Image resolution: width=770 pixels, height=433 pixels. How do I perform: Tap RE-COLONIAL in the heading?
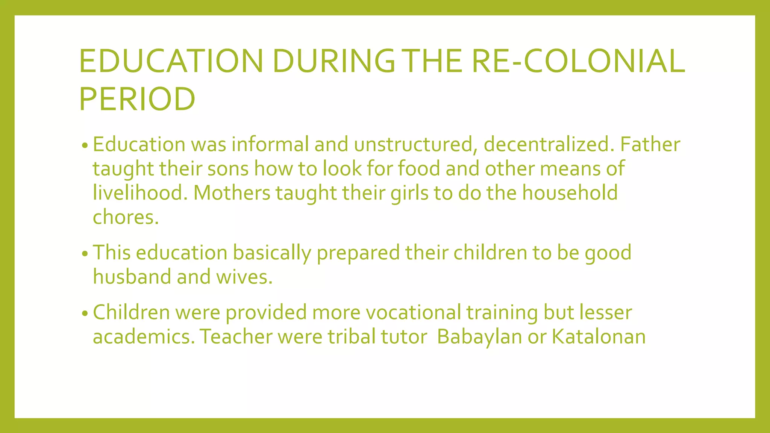pyautogui.click(x=578, y=61)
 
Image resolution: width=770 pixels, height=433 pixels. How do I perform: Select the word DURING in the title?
pyautogui.click(x=333, y=61)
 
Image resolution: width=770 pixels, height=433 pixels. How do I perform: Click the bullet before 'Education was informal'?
pyautogui.click(x=85, y=146)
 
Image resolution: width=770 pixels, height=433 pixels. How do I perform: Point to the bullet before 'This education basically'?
pyautogui.click(x=85, y=254)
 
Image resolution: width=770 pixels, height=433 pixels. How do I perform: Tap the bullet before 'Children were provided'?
pyautogui.click(x=85, y=313)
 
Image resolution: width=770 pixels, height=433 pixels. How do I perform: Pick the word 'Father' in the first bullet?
pyautogui.click(x=650, y=145)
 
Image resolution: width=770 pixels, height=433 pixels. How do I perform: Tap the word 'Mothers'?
pyautogui.click(x=232, y=193)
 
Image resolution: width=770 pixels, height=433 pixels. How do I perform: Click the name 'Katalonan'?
pyautogui.click(x=599, y=337)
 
